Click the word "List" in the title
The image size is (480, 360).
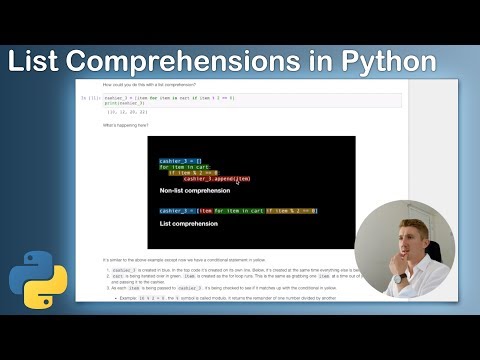[39, 61]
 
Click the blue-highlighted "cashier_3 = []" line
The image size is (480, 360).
[181, 160]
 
